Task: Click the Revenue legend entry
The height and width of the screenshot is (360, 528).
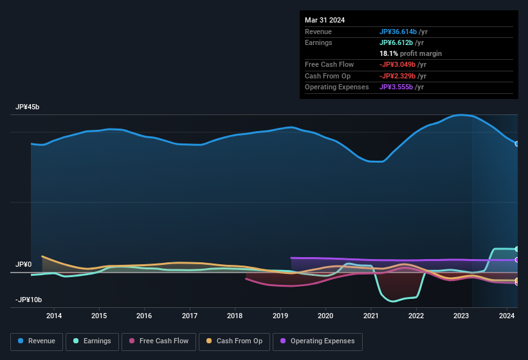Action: coord(37,341)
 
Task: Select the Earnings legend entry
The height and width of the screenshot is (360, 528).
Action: coord(92,341)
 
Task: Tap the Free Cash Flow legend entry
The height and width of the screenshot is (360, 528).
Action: coord(159,341)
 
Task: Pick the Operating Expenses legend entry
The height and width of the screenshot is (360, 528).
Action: coord(317,341)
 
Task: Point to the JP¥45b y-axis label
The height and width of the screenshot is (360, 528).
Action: coord(28,107)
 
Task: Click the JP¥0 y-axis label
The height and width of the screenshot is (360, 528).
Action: coord(24,265)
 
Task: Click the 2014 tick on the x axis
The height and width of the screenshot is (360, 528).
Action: coord(54,316)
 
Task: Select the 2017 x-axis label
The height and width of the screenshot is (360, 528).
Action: coord(190,316)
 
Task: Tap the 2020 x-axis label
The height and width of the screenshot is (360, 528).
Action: coord(325,316)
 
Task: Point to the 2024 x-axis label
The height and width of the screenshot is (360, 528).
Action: coord(506,316)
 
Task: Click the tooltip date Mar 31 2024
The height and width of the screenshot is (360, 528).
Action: coord(325,20)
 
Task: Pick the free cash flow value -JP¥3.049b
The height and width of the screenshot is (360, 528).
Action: coord(401,65)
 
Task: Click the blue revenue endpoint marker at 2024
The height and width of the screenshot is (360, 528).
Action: coord(516,144)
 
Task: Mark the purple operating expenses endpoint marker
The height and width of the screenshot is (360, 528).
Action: coord(516,260)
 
